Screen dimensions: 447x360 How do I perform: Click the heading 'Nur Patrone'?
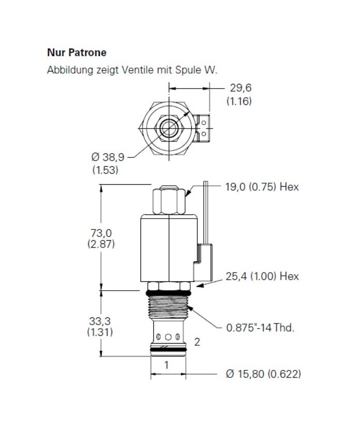tap(77, 52)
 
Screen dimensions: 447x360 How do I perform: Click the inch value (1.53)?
tap(105, 170)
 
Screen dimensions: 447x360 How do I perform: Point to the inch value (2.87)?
tap(101, 244)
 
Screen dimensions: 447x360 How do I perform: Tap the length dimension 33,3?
tap(100, 321)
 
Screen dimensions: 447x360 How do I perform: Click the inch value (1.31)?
tap(100, 332)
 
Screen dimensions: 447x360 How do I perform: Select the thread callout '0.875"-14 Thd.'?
tap(260, 327)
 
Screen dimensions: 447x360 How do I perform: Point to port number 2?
tap(196, 342)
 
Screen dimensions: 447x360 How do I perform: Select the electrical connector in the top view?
tap(204, 127)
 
